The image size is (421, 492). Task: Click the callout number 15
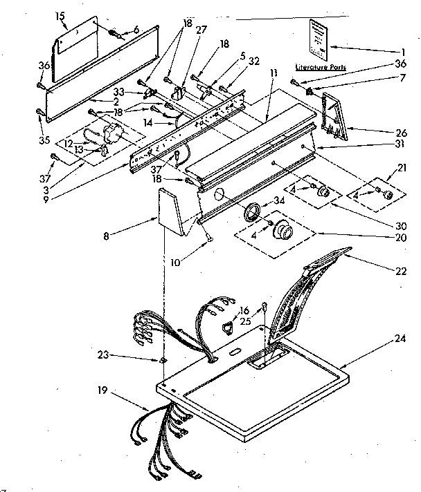pyautogui.click(x=60, y=15)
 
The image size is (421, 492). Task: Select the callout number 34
pyautogui.click(x=280, y=202)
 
